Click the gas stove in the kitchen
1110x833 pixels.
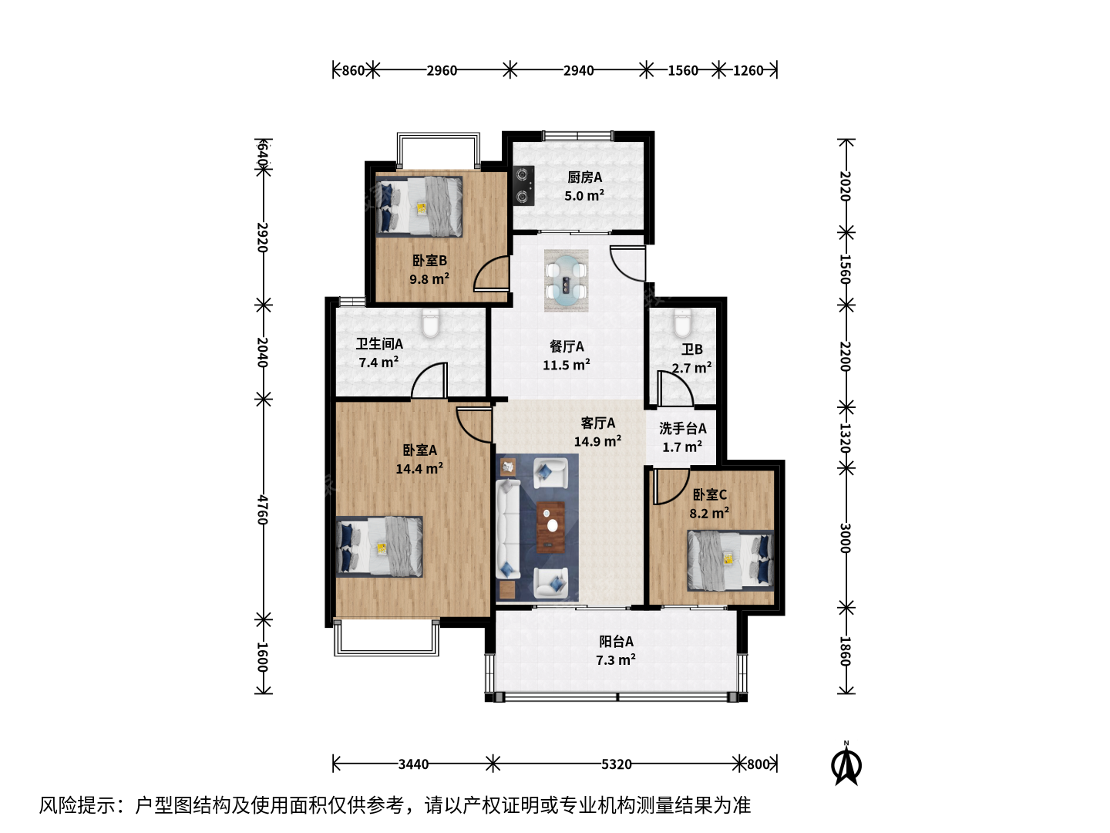coord(524,186)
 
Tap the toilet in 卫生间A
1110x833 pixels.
coord(430,323)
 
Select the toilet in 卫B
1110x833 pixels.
coord(682,323)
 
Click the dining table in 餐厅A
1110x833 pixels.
coord(567,281)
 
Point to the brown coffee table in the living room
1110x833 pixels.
coord(550,527)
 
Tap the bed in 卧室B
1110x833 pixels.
coord(419,207)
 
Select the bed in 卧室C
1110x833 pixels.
coord(730,561)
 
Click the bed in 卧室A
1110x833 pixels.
coord(379,547)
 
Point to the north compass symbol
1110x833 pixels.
coord(846,764)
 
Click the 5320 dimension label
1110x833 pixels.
coord(617,764)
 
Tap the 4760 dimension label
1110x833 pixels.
coord(262,510)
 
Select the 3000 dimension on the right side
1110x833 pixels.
coord(846,538)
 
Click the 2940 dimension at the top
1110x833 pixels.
coord(579,70)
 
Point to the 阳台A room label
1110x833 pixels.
coord(616,641)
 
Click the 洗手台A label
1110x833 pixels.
coord(682,428)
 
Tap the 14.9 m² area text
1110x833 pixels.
coord(597,441)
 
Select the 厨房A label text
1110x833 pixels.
coord(584,177)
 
